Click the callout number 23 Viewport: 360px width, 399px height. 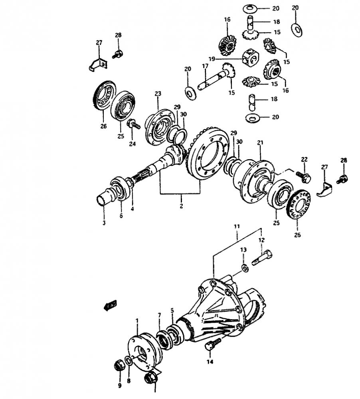point(158,94)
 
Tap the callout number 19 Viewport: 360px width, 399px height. point(212,59)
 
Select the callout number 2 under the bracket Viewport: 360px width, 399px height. point(181,206)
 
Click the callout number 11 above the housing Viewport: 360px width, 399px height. point(237,226)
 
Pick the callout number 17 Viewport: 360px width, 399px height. point(205,66)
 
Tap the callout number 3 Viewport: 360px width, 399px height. point(104,223)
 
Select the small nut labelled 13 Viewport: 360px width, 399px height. point(245,268)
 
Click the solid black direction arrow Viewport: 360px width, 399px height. point(109,306)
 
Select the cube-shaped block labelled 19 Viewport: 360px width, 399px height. point(250,57)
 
